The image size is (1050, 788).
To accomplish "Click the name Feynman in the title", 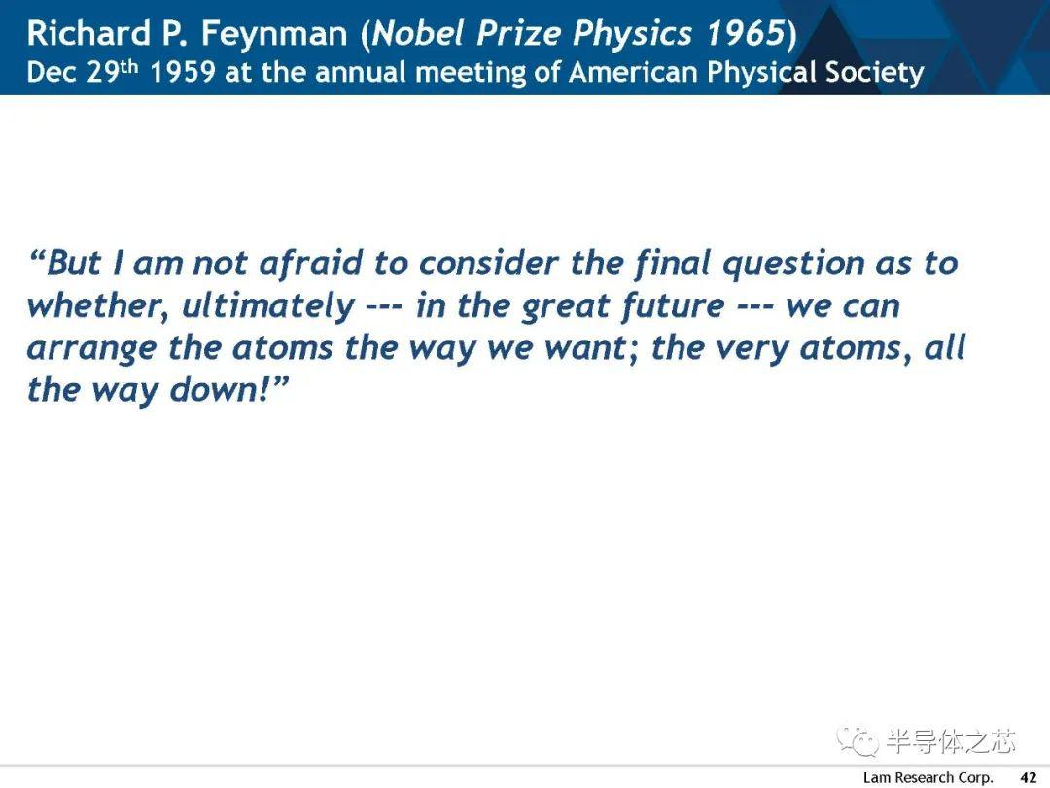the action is (274, 33).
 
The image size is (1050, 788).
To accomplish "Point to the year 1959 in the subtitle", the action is (182, 72).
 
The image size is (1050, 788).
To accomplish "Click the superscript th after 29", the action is (128, 67).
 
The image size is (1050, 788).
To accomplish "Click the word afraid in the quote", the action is (311, 263).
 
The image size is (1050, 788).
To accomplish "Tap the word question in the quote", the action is (793, 264).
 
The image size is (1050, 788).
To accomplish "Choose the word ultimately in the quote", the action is (268, 306).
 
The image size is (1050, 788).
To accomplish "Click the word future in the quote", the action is (673, 306).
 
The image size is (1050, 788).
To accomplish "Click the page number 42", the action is (1028, 777).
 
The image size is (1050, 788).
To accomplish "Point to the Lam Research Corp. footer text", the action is (927, 778).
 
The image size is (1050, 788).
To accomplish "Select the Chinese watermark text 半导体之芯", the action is (951, 740).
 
